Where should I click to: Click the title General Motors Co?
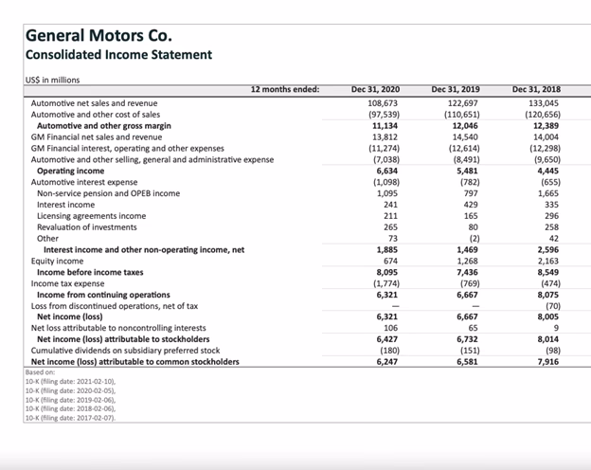coord(99,36)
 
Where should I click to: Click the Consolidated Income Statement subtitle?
coord(118,55)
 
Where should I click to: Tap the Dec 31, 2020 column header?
coord(376,89)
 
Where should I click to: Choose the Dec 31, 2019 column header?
coord(457,89)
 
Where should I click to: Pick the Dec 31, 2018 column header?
coord(537,89)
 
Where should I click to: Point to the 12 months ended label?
coord(285,89)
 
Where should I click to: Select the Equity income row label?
coord(57,261)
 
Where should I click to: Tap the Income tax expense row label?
coord(69,283)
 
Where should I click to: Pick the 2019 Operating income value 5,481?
coord(466,171)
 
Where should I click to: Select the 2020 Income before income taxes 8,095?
coord(385,272)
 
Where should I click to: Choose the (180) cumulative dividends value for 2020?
coord(385,351)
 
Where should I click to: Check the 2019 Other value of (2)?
coord(471,238)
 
